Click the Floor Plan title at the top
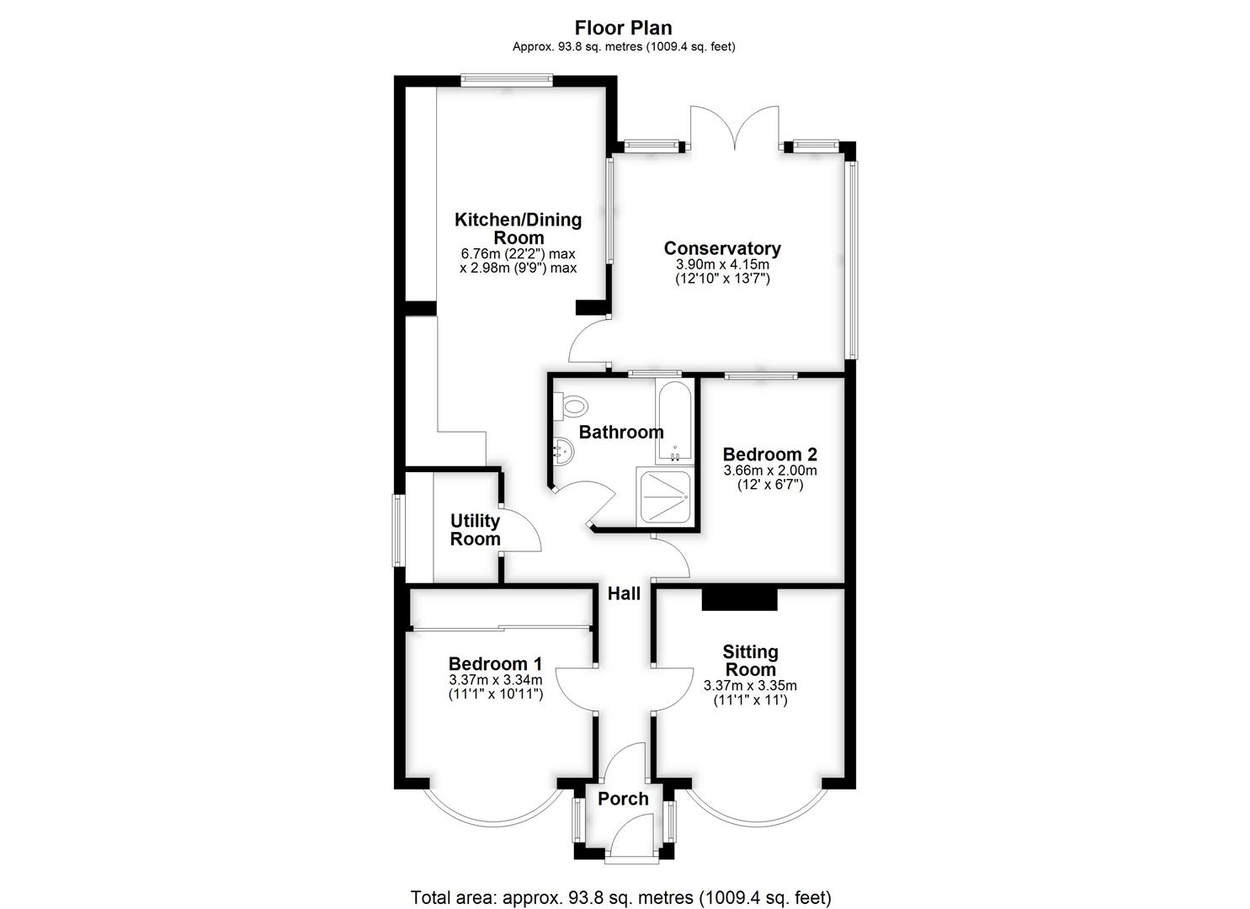pos(624,27)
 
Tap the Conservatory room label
pos(722,247)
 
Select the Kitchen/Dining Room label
pos(518,228)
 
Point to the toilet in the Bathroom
pos(571,404)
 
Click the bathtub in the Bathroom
pos(675,423)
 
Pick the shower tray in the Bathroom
pos(665,497)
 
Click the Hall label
pos(624,593)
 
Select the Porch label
pos(623,799)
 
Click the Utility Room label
pos(475,529)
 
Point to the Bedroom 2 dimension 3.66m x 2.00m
pos(770,470)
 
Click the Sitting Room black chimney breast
pos(739,598)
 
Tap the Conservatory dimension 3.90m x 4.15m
pos(722,264)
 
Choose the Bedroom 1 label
pos(495,663)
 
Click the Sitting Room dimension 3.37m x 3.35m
pos(750,685)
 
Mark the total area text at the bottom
pos(621,882)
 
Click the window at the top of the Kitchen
pos(507,80)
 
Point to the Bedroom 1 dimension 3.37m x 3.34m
pos(496,680)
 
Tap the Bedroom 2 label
pos(769,454)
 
